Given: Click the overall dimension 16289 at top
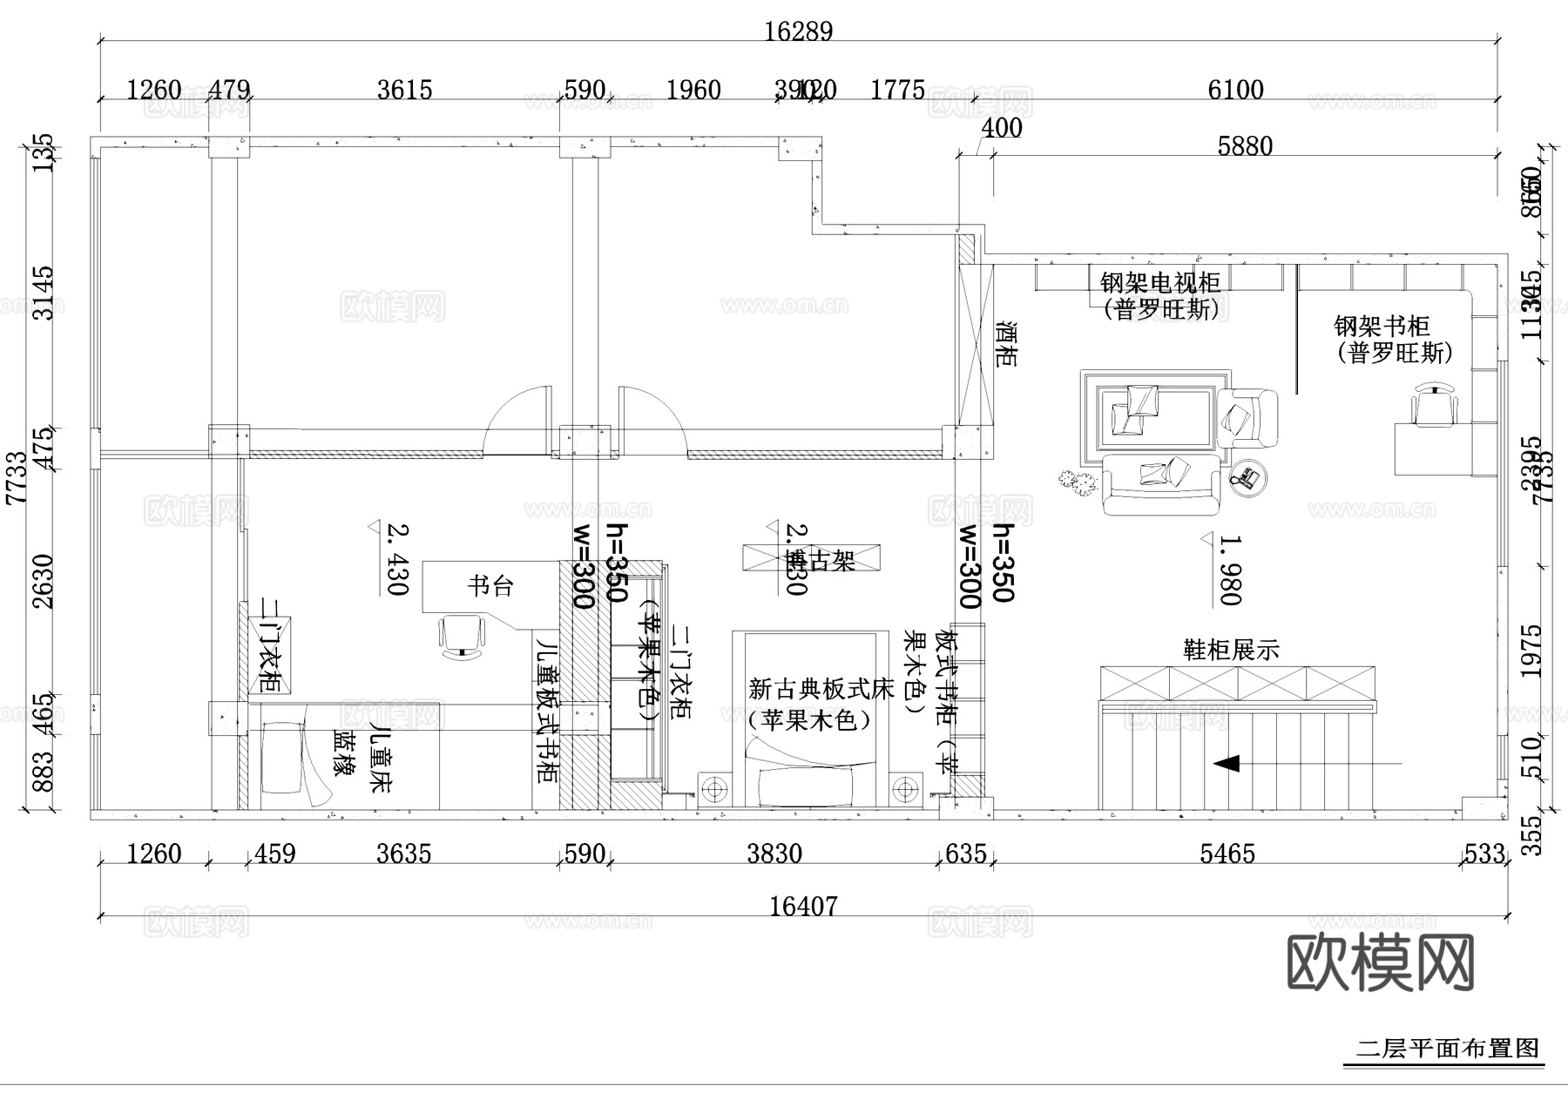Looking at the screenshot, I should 798,31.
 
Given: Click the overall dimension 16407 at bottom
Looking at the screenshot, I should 802,907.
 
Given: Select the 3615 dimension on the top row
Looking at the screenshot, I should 404,90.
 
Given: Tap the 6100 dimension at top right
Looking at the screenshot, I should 1235,90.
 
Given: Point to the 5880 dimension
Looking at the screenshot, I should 1245,145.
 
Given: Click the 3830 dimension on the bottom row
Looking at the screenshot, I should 774,853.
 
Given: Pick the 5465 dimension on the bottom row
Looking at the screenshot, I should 1227,853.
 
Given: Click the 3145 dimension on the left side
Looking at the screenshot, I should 43,293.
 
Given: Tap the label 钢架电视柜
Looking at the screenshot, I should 1159,283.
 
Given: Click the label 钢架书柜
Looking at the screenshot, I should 1382,327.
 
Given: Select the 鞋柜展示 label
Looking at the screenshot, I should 1230,650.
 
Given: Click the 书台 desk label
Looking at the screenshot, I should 490,586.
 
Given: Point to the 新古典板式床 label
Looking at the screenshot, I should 821,690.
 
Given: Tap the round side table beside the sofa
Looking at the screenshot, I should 1247,477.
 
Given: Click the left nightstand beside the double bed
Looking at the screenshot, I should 714,790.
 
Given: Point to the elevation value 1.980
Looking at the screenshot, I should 1229,570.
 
